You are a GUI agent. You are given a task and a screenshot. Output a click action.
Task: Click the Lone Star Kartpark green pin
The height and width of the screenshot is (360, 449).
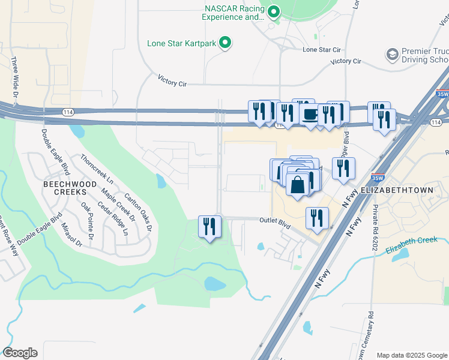(225, 43)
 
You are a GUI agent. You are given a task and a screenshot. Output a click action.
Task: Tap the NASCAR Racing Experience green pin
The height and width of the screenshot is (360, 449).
(274, 11)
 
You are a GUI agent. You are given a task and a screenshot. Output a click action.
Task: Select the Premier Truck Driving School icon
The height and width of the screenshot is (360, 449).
(393, 55)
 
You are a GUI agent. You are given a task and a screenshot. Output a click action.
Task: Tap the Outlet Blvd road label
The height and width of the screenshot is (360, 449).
(274, 221)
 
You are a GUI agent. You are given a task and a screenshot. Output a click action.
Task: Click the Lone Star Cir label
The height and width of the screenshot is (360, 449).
(321, 50)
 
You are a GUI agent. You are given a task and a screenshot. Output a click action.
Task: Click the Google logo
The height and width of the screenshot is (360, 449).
(20, 353)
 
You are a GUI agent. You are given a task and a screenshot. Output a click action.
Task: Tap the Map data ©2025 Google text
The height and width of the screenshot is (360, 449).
(411, 355)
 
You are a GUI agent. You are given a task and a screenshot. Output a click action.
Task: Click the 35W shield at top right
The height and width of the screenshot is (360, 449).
(442, 94)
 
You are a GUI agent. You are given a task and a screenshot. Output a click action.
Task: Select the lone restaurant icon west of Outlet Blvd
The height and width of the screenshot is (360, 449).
(209, 226)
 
